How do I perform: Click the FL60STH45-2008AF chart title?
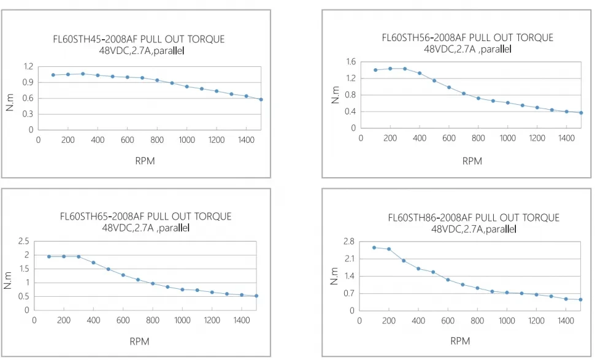139,40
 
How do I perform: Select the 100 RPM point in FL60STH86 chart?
374,247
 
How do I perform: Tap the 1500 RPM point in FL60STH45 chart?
261,99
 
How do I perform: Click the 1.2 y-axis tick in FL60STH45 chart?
28,66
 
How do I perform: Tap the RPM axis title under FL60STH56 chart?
472,161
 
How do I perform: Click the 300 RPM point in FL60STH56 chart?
405,69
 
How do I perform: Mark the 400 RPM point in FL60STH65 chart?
93,262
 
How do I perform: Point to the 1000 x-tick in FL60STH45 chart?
186,140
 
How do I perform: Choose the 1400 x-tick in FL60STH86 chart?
566,320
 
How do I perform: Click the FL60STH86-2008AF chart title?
474,218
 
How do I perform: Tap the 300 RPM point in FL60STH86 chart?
404,261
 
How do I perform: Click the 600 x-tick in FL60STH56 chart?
449,139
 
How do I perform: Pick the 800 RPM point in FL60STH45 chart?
157,80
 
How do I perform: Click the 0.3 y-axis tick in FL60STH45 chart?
28,114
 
